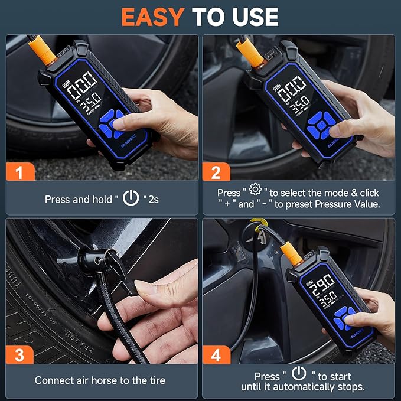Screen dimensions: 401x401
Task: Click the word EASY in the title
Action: pyautogui.click(x=153, y=17)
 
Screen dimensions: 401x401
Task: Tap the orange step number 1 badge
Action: pyautogui.click(x=20, y=172)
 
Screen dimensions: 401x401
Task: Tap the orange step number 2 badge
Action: pyautogui.click(x=216, y=172)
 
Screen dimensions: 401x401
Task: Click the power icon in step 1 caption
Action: pyautogui.click(x=131, y=198)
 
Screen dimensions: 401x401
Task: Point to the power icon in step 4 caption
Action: pyautogui.click(x=299, y=373)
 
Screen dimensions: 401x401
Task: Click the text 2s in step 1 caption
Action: pyautogui.click(x=152, y=200)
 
